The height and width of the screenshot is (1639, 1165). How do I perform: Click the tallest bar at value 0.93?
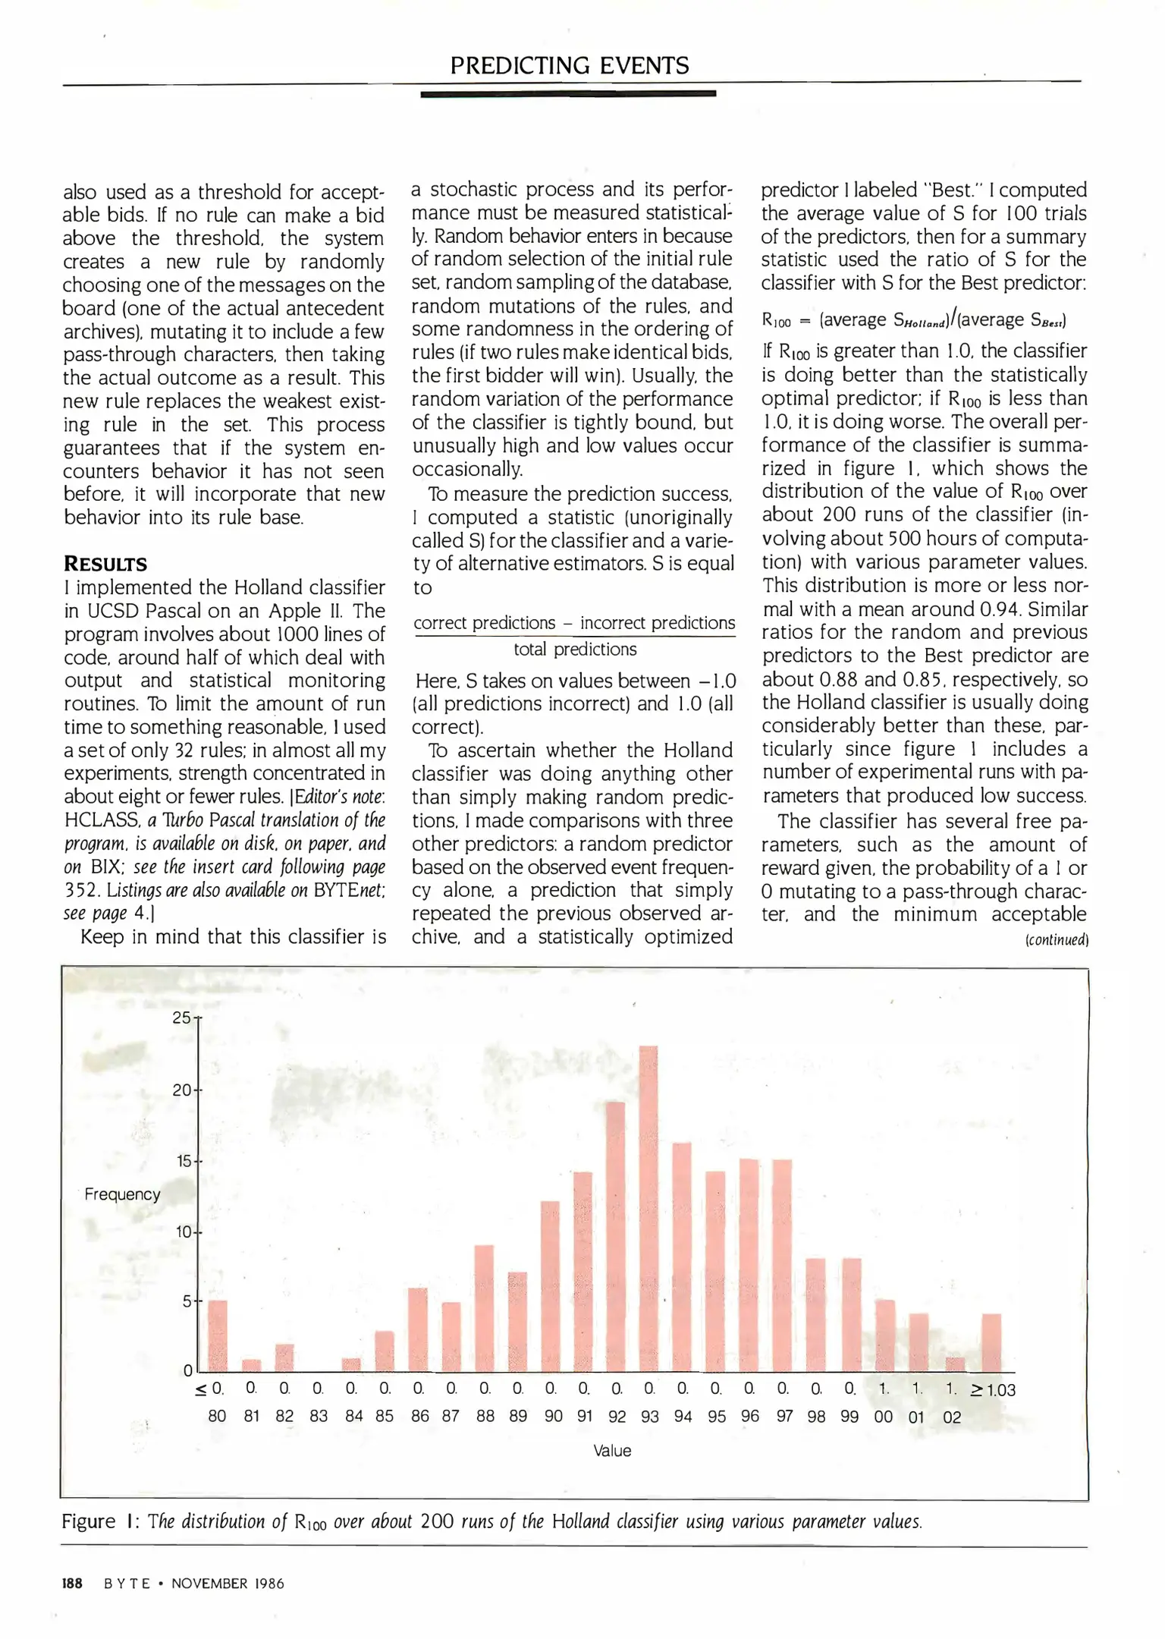coord(648,1209)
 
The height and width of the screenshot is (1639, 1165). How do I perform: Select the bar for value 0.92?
coord(616,1237)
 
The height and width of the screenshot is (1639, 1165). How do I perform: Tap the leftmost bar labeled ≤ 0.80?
coord(218,1336)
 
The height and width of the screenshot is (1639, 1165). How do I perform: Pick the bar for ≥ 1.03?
coord(991,1343)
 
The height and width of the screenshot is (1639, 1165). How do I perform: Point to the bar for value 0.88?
coord(484,1309)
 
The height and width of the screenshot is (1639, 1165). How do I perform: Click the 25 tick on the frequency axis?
coord(182,1018)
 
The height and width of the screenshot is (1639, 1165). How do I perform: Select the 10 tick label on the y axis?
coord(183,1232)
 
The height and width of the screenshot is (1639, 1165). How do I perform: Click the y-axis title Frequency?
coord(122,1194)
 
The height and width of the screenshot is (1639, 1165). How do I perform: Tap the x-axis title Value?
coord(612,1451)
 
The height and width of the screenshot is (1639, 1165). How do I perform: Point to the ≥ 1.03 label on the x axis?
coord(993,1390)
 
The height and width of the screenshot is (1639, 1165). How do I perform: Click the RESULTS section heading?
coord(105,564)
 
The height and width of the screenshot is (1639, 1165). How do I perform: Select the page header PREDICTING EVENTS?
coord(570,66)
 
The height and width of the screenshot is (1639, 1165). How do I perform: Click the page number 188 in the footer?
coord(72,1584)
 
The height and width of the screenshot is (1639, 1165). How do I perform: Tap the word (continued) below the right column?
coord(1057,940)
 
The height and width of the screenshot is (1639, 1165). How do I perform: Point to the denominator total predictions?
coord(575,650)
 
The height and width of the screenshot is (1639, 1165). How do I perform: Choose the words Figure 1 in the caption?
coord(99,1521)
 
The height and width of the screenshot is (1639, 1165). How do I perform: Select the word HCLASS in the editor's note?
coord(98,820)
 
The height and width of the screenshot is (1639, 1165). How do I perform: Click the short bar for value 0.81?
coord(251,1365)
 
